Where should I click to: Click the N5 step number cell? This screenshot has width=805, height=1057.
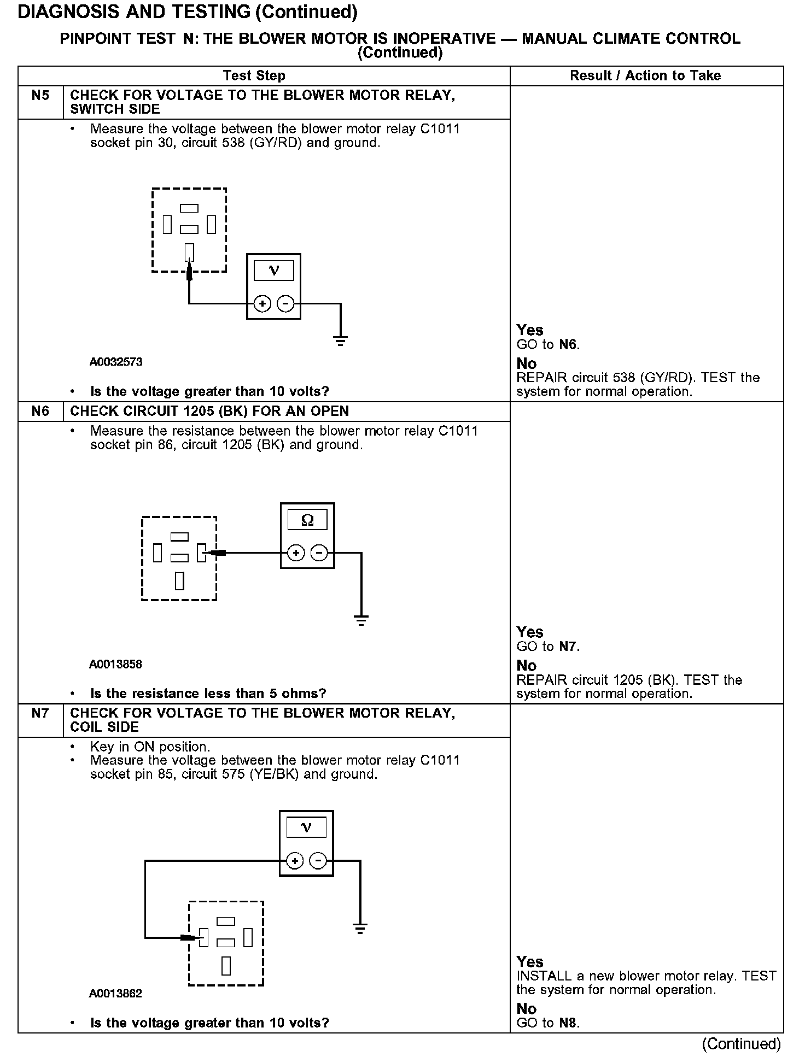40,96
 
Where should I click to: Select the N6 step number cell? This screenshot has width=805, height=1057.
40,412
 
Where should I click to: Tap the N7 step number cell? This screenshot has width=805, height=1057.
40,713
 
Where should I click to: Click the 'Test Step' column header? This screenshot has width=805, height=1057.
254,76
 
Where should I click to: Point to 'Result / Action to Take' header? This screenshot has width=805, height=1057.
645,76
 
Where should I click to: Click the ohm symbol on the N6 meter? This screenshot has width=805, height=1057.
307,520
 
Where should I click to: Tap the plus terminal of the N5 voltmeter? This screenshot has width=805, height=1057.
262,304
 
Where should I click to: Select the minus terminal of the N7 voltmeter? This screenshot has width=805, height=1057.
318,861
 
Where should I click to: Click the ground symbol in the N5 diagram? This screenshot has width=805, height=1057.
340,342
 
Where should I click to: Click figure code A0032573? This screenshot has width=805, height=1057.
116,362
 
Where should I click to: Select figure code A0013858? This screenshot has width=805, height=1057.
115,664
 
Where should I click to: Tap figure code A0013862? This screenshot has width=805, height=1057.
115,994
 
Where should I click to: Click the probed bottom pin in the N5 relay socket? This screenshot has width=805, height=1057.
189,252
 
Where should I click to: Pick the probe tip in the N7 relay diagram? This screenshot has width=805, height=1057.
189,938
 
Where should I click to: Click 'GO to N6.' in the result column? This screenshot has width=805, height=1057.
548,345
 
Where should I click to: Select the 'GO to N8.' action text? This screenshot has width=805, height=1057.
547,1023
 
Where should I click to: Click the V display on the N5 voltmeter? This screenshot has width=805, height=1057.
274,271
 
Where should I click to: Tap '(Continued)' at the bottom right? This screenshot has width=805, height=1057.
741,1044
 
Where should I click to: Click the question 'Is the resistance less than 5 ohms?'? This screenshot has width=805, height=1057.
208,694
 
